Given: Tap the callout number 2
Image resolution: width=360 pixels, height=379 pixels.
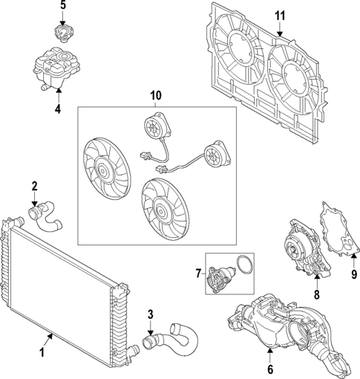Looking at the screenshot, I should click(34, 186).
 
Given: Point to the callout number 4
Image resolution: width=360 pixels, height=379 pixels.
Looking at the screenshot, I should click(58, 109).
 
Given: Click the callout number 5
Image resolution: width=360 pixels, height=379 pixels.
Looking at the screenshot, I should click(63, 5).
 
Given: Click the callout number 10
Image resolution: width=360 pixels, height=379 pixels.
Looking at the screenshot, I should click(155, 95).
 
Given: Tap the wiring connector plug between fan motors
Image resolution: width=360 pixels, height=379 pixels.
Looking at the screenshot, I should click(145, 156).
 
